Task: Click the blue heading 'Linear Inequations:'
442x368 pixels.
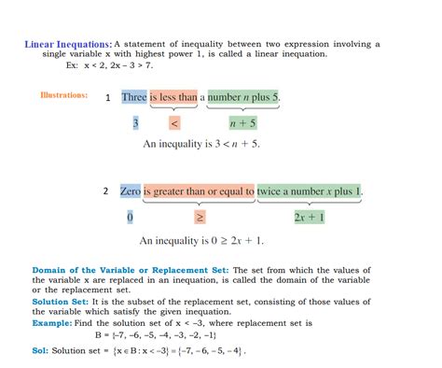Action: (x=68, y=44)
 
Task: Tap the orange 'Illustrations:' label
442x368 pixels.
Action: (x=64, y=95)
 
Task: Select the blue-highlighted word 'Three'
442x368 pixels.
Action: (x=134, y=97)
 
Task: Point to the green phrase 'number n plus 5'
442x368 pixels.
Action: (x=244, y=97)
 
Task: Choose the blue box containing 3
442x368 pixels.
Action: (x=135, y=122)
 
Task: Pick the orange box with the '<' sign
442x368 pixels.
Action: (x=174, y=122)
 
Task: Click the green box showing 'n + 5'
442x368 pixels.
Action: (x=243, y=122)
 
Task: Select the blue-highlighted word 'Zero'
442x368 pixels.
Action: (x=131, y=192)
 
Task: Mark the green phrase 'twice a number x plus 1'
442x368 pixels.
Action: (x=310, y=192)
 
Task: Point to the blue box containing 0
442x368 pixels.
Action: (x=130, y=218)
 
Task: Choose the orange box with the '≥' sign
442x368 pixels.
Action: (x=199, y=218)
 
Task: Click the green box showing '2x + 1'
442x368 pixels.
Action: (x=309, y=218)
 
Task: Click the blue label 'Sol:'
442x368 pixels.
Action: (x=43, y=352)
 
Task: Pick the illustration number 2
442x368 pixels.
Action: (x=105, y=191)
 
